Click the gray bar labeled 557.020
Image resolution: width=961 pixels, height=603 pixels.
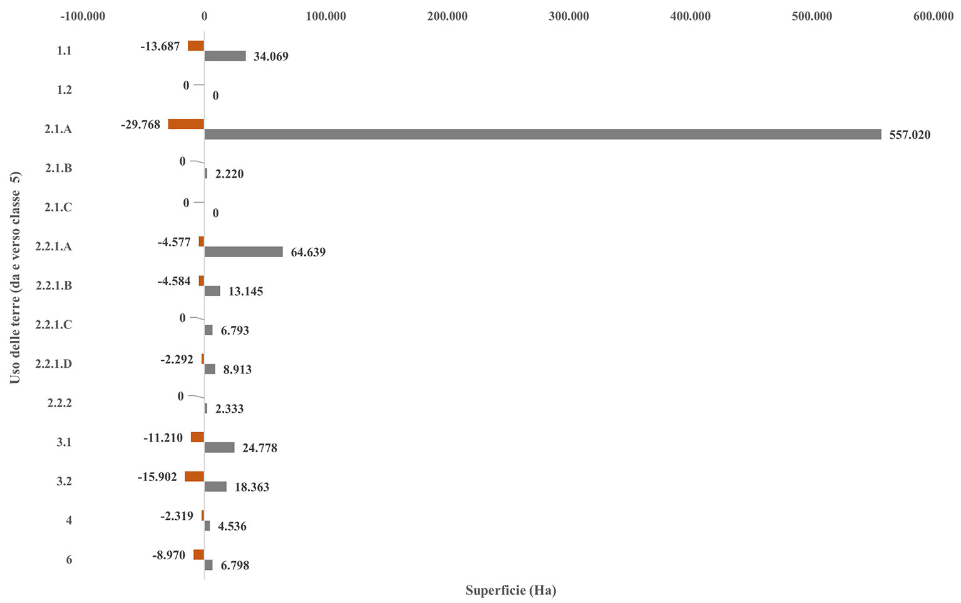542,134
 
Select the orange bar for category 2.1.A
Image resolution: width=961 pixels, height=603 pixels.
186,124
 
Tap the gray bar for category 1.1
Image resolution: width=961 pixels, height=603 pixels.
225,56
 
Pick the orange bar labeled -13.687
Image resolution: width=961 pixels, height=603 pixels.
196,46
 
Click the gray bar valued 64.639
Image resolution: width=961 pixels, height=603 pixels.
244,251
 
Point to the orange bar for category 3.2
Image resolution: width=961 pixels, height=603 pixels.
194,477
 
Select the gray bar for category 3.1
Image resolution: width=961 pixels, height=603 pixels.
219,447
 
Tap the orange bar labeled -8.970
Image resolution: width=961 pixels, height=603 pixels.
198,555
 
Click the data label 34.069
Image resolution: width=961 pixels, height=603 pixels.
270,57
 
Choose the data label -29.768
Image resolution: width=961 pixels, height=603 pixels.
140,124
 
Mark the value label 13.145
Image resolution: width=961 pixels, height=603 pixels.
245,291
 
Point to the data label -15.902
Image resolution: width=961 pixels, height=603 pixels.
157,477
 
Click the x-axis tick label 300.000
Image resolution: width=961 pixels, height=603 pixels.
568,16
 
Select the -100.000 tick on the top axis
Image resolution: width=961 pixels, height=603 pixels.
83,16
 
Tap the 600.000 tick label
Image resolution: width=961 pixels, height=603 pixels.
933,16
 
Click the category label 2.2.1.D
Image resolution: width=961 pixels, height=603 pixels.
53,364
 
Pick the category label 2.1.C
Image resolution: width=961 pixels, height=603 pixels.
58,207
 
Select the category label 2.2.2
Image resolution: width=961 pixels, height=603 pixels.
59,403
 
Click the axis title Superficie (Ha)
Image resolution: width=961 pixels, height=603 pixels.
510,590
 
